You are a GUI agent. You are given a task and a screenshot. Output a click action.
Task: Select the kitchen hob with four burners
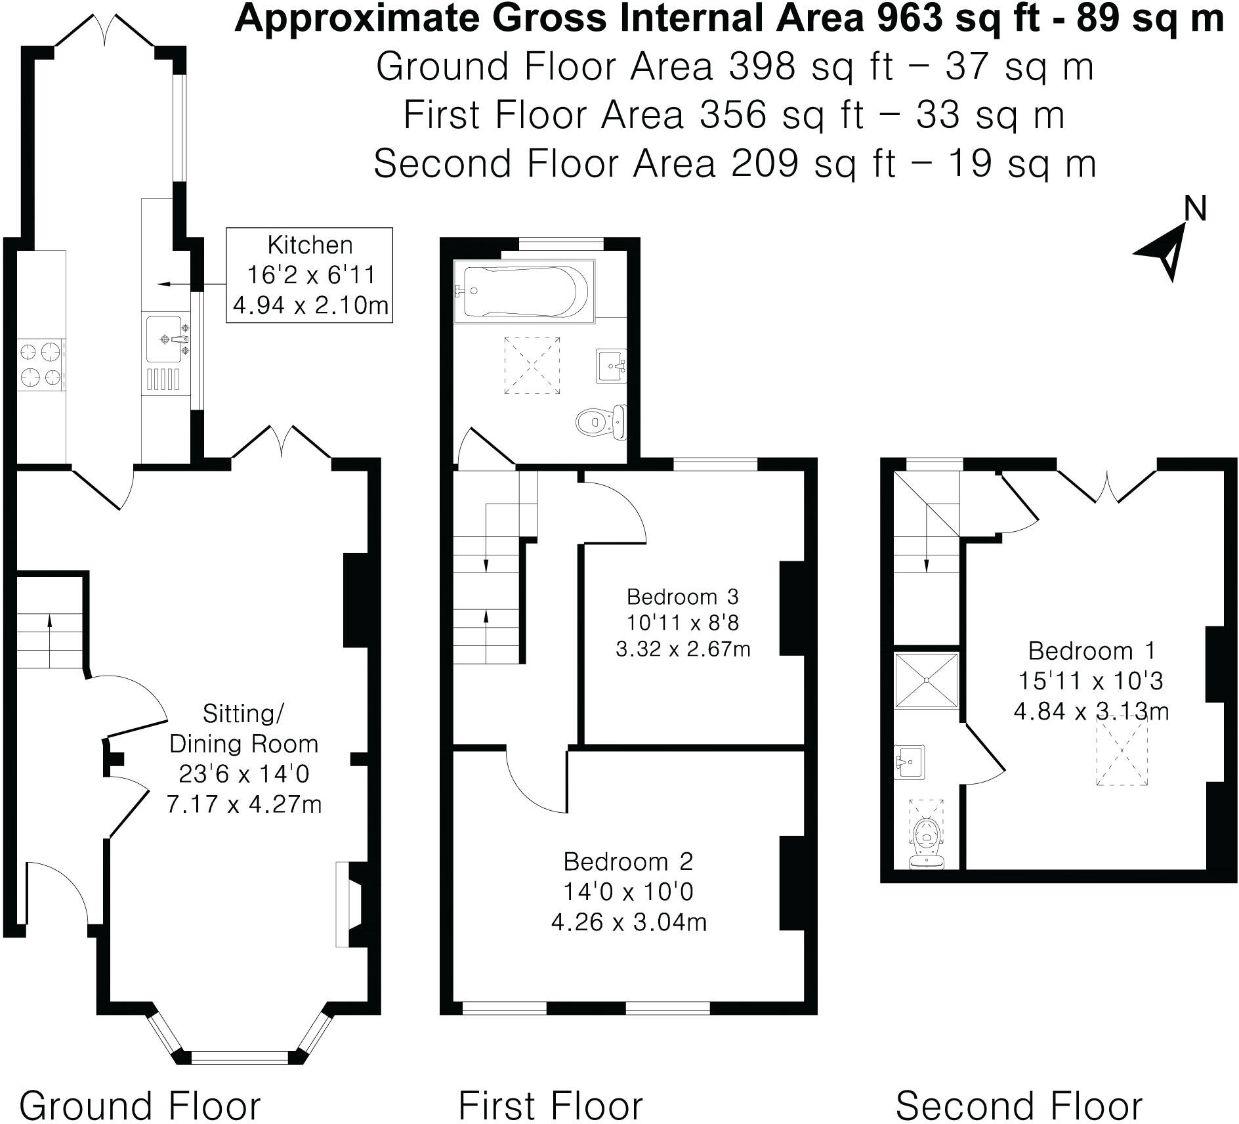click(x=41, y=364)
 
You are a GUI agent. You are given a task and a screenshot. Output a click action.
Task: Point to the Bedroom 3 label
click(x=682, y=597)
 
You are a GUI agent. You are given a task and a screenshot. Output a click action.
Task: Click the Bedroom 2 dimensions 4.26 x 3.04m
click(x=629, y=922)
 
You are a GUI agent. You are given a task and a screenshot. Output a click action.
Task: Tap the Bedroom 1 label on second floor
click(x=1091, y=651)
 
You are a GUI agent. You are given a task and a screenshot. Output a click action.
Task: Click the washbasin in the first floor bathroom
click(x=611, y=364)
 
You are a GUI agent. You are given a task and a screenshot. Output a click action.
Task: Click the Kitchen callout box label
click(x=310, y=246)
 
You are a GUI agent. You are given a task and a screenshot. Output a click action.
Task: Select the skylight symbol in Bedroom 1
click(x=1123, y=750)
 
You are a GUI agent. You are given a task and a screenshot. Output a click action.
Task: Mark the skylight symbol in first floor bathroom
click(x=532, y=365)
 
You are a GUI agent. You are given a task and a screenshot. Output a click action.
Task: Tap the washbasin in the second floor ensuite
click(x=910, y=762)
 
